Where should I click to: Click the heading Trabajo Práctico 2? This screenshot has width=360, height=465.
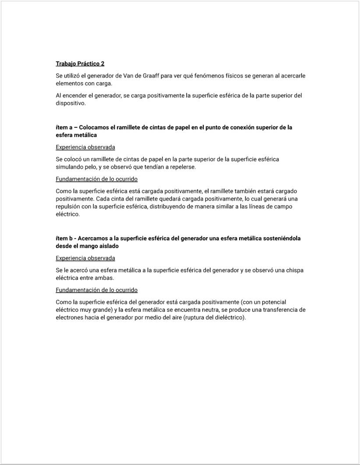(x=80, y=63)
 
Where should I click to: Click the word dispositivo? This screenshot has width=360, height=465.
(x=71, y=103)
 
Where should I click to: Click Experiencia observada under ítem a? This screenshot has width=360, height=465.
(x=85, y=147)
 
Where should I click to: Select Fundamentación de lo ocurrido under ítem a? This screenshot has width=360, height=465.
(x=97, y=179)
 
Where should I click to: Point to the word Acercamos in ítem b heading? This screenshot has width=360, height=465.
(x=93, y=239)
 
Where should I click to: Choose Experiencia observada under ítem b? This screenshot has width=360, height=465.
(x=85, y=258)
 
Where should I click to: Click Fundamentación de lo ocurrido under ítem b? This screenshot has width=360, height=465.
(x=97, y=290)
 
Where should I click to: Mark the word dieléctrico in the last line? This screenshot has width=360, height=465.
(x=228, y=318)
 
